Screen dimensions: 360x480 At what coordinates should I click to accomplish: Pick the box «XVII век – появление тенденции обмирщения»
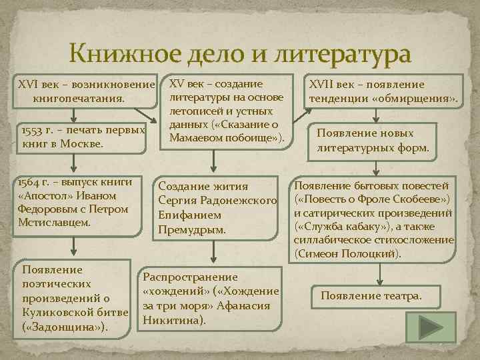coord(383,92)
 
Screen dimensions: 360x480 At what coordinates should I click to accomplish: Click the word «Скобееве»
coord(417,199)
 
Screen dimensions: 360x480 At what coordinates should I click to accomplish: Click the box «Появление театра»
coord(371,295)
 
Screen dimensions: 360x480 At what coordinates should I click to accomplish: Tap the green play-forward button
coord(435,329)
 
